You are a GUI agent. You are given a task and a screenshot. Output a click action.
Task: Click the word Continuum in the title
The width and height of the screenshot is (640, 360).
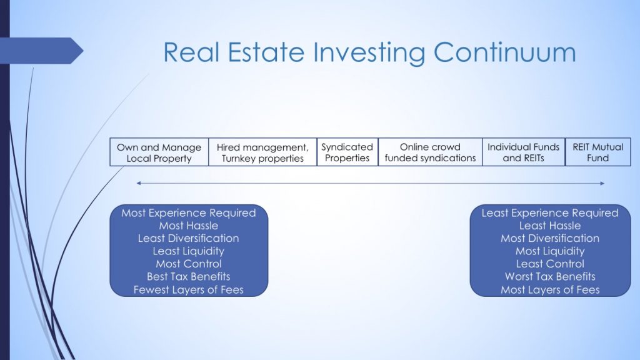click(x=504, y=52)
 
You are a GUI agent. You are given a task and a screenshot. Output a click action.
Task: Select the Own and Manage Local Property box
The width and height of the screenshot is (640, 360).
click(x=159, y=152)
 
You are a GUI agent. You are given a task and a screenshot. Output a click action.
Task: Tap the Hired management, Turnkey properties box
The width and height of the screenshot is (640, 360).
click(x=262, y=152)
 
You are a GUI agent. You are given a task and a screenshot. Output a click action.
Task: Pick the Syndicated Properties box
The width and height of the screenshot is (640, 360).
click(x=347, y=152)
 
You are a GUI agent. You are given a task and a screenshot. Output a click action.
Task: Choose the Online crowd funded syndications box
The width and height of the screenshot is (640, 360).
click(x=430, y=152)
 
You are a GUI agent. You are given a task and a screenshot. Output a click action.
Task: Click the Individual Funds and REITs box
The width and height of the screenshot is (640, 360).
click(x=524, y=152)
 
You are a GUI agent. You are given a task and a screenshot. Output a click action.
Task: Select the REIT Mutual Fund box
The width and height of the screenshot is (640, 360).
click(x=597, y=152)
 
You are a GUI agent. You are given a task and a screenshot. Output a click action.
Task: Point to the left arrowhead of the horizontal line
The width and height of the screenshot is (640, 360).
click(x=138, y=183)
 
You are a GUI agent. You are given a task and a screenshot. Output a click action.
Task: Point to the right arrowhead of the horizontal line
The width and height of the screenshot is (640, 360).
click(x=602, y=183)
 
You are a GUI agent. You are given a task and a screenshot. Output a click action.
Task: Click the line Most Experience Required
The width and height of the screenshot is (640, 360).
click(x=189, y=213)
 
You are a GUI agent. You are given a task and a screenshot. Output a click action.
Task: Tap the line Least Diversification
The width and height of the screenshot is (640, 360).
click(x=189, y=238)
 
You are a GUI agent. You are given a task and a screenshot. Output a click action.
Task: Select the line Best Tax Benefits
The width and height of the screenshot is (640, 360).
click(x=189, y=276)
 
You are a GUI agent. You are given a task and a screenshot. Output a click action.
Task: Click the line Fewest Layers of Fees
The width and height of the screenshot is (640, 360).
click(x=189, y=289)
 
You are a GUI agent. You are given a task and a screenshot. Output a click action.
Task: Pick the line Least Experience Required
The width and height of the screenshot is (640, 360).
click(x=550, y=213)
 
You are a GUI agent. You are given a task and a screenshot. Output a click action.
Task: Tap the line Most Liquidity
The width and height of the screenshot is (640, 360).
click(x=550, y=251)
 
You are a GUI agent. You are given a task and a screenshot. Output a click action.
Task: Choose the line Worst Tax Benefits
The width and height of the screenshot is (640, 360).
click(x=550, y=276)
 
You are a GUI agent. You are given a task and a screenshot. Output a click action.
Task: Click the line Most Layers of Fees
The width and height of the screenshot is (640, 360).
click(x=550, y=289)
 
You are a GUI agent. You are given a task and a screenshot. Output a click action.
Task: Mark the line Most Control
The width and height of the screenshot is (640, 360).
click(x=189, y=264)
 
